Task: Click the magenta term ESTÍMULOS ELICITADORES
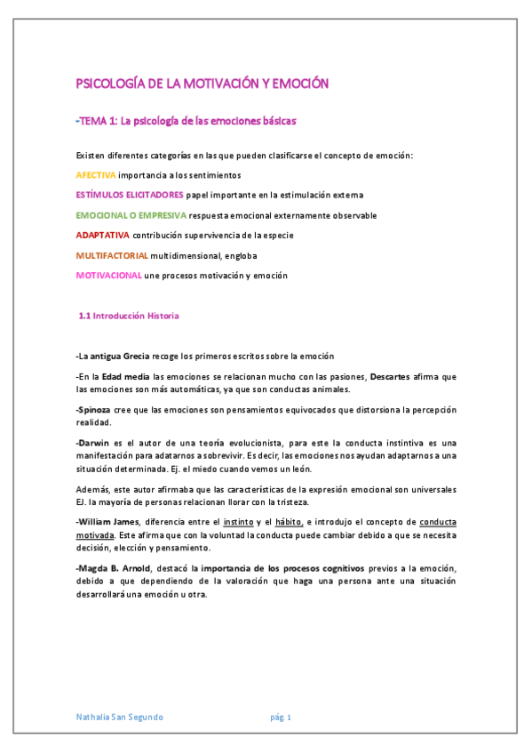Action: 131,194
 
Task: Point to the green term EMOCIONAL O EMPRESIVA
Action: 131,215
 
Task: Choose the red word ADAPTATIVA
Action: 103,235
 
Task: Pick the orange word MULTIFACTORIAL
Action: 112,255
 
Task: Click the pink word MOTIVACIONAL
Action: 108,276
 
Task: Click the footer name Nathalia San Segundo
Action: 120,717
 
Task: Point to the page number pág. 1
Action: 282,717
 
